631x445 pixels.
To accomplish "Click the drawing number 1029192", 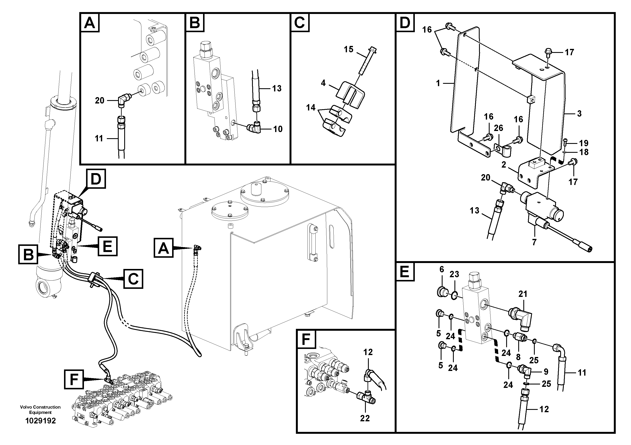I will (40, 421).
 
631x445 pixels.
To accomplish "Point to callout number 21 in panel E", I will (522, 294).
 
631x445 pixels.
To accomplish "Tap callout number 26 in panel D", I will (498, 128).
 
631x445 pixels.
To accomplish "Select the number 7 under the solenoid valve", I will (534, 242).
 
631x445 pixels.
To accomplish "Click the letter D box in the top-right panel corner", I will (405, 22).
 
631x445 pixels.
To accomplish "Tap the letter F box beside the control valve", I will (74, 379).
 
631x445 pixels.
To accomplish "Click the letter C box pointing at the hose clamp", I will (133, 279).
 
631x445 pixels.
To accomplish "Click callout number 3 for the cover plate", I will (579, 114).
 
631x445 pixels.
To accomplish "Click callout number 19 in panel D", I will (584, 143).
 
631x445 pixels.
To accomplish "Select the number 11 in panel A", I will (99, 139).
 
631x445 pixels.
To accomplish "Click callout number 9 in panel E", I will (546, 372).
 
